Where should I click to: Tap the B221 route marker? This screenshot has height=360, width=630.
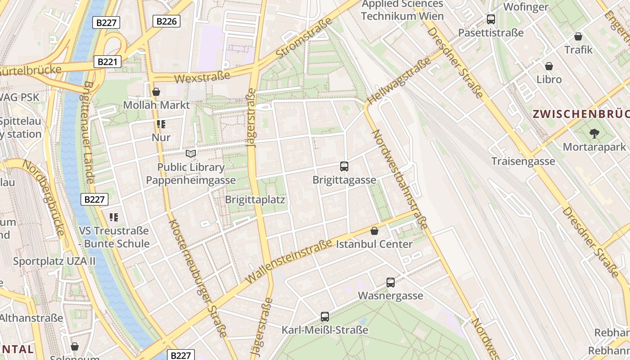tap(107, 62)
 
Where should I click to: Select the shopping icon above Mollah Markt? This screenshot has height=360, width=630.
tap(156, 92)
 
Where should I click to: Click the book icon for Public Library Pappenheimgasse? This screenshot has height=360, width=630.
tap(191, 154)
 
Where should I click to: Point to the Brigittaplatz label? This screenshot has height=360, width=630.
tap(255, 199)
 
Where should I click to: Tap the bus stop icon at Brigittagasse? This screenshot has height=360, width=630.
tap(344, 166)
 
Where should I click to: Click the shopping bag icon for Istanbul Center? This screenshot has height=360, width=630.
tap(374, 231)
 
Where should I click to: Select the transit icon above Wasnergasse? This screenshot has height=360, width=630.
tap(391, 283)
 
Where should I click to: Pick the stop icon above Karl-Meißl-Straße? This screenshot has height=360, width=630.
tap(325, 317)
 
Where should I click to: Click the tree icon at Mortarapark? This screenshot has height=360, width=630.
tap(594, 133)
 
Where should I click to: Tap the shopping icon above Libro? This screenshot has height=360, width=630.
tap(549, 67)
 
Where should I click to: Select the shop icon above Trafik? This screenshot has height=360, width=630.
tap(578, 36)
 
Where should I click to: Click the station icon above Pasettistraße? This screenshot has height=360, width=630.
tap(491, 19)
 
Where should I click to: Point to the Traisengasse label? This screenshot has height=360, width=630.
tap(523, 161)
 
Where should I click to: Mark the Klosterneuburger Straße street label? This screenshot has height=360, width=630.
tap(198, 278)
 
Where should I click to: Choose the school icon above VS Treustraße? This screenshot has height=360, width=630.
tap(114, 218)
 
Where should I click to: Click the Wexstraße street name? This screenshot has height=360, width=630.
tap(202, 77)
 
